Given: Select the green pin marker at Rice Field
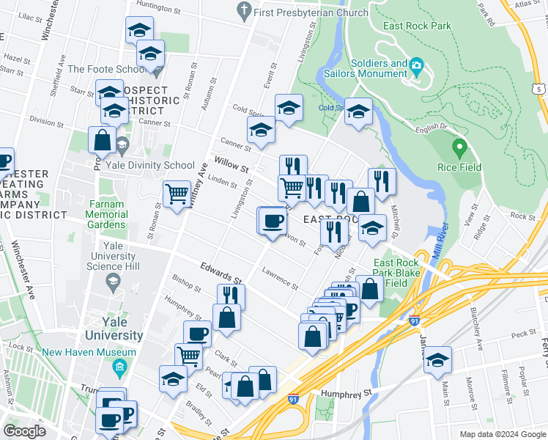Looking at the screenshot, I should tap(459, 148).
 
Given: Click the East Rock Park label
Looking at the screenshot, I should tap(416, 26).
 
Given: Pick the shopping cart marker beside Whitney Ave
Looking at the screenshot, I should tap(177, 195).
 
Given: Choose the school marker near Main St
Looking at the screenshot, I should tap(437, 360).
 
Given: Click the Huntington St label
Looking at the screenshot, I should tap(158, 10).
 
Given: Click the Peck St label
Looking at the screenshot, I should tap(523, 334).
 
